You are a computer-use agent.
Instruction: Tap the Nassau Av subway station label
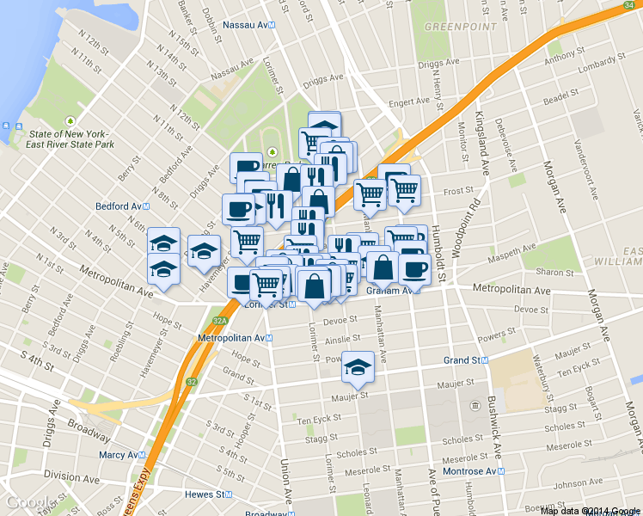248,25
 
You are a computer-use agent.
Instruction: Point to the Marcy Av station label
119,454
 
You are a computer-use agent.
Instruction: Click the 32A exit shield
220,320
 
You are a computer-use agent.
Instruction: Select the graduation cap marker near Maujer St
357,367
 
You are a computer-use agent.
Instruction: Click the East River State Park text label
70,139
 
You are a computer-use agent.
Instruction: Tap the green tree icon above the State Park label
70,120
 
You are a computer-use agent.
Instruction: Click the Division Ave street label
72,475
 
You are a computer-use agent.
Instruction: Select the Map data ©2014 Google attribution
590,511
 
